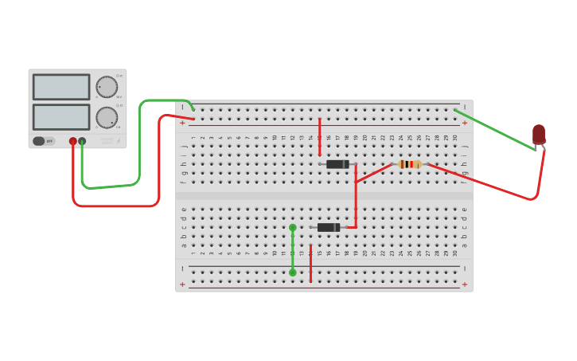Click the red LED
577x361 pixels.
[x=539, y=134]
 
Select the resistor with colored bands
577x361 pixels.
[x=409, y=164]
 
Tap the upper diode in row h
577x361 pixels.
[x=337, y=164]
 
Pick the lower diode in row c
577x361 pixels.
[x=328, y=227]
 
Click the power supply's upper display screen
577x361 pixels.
[x=61, y=87]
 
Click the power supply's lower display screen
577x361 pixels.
[x=61, y=116]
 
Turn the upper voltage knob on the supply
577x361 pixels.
[x=107, y=87]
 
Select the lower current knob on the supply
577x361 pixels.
[x=107, y=117]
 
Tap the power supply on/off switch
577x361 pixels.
[x=39, y=141]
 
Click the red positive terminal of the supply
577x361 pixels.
[x=73, y=141]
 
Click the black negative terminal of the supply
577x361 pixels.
[x=82, y=141]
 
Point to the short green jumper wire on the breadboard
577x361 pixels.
[x=293, y=249]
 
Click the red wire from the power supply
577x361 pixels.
[x=119, y=206]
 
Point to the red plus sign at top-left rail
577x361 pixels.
[x=182, y=123]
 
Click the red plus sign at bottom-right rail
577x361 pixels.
[x=465, y=284]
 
